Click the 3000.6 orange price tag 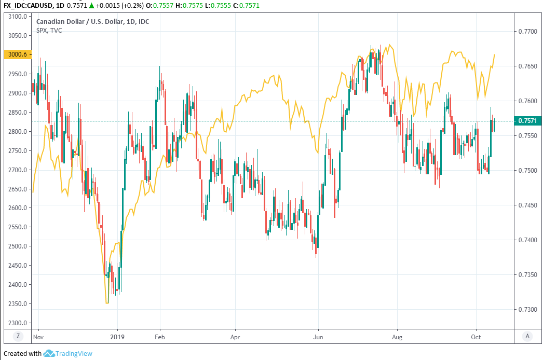(18, 54)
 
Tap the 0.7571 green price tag (527, 121)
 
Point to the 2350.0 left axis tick (17, 304)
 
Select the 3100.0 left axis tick (17, 17)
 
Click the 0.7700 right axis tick (527, 32)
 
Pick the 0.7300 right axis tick (527, 310)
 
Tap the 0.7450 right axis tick (527, 205)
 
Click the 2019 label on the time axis (117, 336)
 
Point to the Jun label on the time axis (318, 336)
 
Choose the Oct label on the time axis (477, 336)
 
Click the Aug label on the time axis (397, 336)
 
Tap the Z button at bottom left (18, 336)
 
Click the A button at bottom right (527, 336)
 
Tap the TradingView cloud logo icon (49, 354)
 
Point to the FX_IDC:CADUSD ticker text (27, 5)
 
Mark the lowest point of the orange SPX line (107, 303)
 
